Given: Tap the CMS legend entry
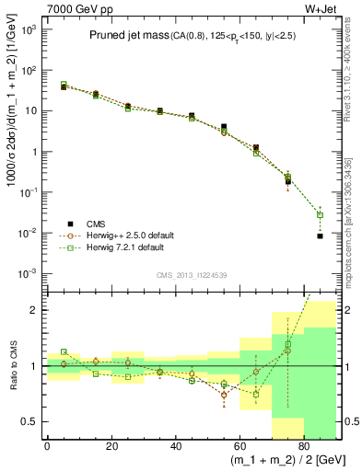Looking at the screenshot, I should coord(97,223).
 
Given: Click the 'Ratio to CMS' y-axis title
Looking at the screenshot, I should coord(12,366).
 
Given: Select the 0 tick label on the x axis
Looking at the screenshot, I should coord(47,447).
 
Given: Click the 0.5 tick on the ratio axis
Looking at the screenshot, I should coord(29,421).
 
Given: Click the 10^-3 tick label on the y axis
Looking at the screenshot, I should coord(28,274).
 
